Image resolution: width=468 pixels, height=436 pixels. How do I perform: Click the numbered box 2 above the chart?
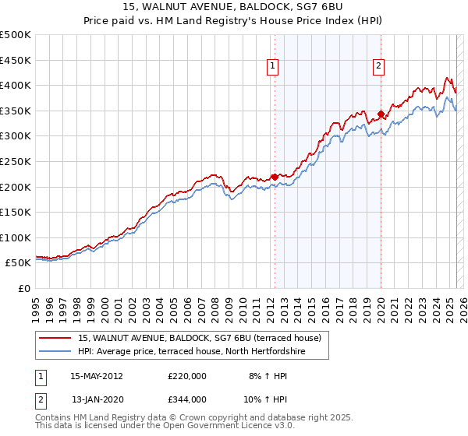[378, 67]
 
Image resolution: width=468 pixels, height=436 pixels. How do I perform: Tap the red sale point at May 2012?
[275, 177]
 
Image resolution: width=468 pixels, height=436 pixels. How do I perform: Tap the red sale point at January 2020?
[381, 114]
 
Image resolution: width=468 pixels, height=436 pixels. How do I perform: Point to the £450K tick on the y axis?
[16, 60]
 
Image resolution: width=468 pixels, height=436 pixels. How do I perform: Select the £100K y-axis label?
[16, 237]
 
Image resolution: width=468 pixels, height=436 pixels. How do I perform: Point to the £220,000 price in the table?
[186, 375]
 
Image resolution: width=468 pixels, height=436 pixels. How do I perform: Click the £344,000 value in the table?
[186, 399]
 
